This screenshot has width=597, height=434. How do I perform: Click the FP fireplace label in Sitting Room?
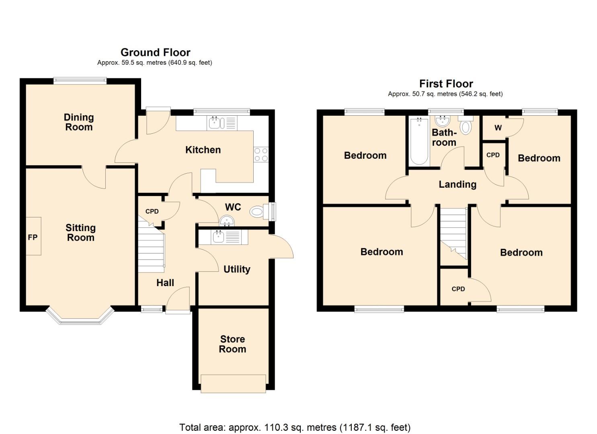click(33, 237)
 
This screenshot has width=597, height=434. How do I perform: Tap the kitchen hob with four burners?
click(261, 155)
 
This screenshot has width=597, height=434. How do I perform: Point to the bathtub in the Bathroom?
click(419, 141)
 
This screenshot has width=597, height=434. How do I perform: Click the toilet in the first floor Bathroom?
click(466, 126)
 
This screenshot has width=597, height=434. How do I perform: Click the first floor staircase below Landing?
click(453, 233)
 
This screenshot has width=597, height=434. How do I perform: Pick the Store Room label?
click(232, 344)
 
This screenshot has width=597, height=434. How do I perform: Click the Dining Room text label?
click(79, 122)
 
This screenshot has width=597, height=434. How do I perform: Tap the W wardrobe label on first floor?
click(498, 128)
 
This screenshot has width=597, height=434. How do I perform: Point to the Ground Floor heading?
click(155, 52)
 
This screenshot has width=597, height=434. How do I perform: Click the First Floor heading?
click(446, 84)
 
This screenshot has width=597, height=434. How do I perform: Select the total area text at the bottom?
click(295, 427)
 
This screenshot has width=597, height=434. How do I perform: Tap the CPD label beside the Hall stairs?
click(152, 211)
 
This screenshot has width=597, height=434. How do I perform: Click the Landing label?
click(457, 184)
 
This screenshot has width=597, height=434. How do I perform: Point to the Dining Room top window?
click(80, 81)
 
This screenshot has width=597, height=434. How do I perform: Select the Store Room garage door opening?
click(233, 383)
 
